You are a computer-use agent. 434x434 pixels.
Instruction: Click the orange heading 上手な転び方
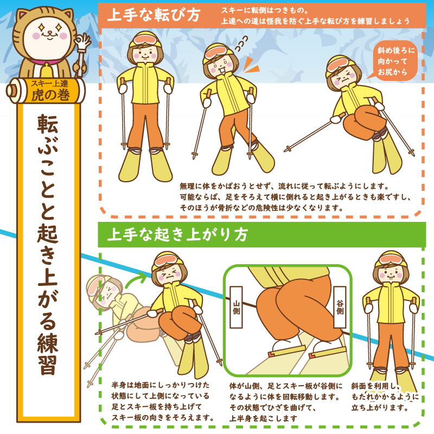[x=154, y=15]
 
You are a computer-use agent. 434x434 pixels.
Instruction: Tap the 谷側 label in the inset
[x=340, y=306]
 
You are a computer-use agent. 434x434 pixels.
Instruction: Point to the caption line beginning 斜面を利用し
[x=375, y=386]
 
